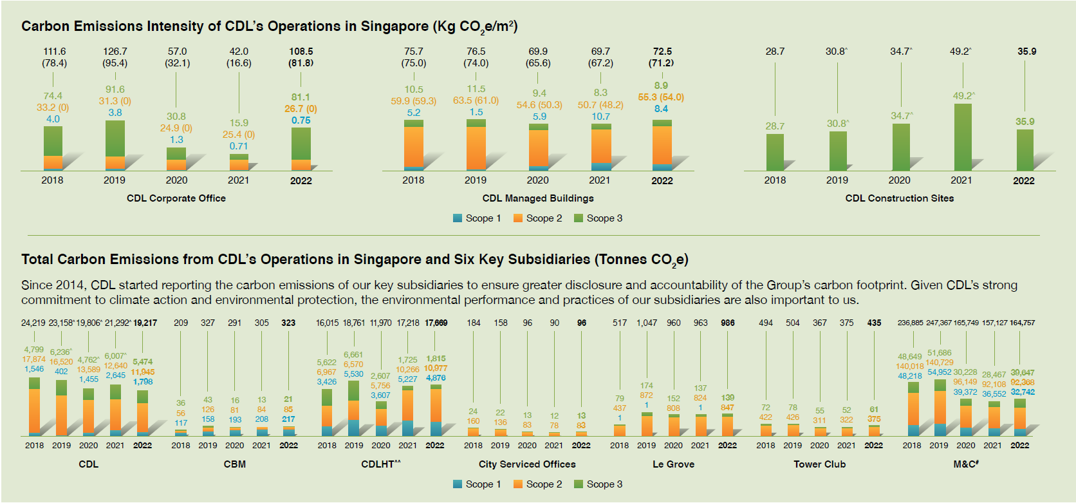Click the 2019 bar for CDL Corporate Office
(115, 146)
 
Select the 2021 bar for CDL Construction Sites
(963, 137)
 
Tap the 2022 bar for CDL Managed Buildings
(662, 145)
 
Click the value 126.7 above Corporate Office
(115, 52)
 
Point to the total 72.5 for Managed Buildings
(662, 52)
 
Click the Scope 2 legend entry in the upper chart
(537, 218)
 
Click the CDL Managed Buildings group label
(538, 198)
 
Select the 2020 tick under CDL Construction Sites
(899, 180)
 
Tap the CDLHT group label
(380, 464)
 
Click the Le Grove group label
(673, 464)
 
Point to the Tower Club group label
(819, 464)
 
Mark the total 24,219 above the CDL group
(33, 323)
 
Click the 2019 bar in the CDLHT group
(353, 409)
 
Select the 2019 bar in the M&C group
(940, 408)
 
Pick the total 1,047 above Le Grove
(647, 323)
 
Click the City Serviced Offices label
(527, 464)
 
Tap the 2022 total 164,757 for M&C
(1022, 323)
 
